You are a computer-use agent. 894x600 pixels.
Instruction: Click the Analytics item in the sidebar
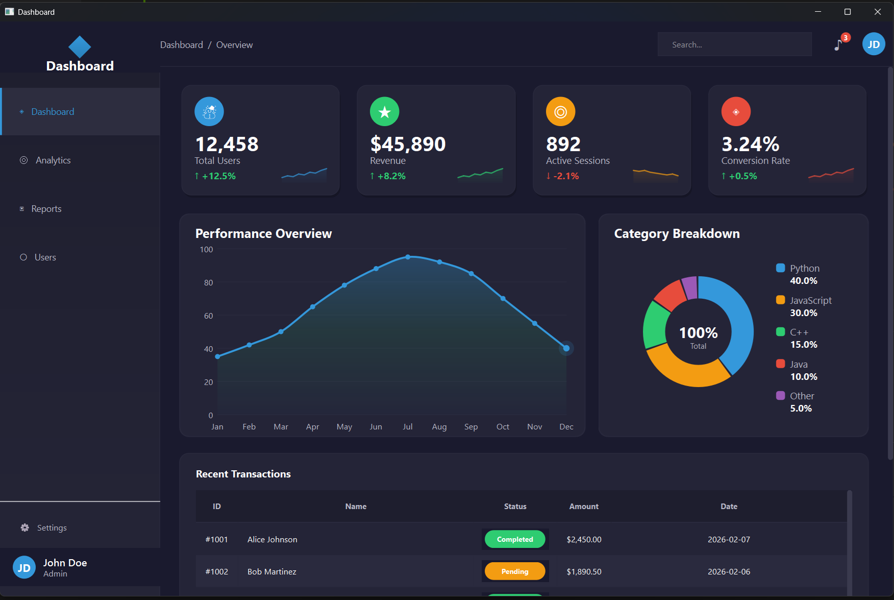click(53, 160)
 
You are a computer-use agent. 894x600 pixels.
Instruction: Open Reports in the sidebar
click(46, 209)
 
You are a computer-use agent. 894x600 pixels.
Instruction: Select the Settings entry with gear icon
click(52, 527)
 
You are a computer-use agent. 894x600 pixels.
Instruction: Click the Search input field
click(734, 45)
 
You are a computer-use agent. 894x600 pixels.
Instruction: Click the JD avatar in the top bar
click(873, 44)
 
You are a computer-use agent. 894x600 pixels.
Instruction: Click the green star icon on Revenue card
click(384, 111)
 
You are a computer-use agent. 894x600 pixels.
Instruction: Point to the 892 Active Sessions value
click(563, 145)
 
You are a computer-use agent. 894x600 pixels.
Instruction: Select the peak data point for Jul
click(408, 257)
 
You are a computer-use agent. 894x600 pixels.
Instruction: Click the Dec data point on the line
click(566, 348)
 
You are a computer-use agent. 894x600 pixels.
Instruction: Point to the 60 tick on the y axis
click(208, 316)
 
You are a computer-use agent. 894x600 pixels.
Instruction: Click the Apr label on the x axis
click(312, 427)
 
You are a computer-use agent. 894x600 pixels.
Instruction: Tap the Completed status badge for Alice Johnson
click(514, 539)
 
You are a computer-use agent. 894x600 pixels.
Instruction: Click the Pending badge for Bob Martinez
click(514, 571)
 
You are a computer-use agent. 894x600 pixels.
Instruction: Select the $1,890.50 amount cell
click(584, 571)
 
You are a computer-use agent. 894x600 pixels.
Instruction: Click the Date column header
click(728, 507)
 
